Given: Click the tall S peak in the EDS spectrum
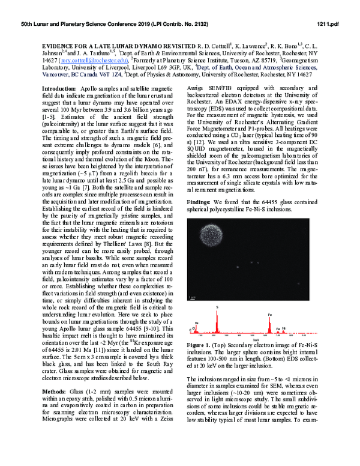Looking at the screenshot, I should tap(217, 321).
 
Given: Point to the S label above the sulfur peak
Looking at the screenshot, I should tap(217, 307).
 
